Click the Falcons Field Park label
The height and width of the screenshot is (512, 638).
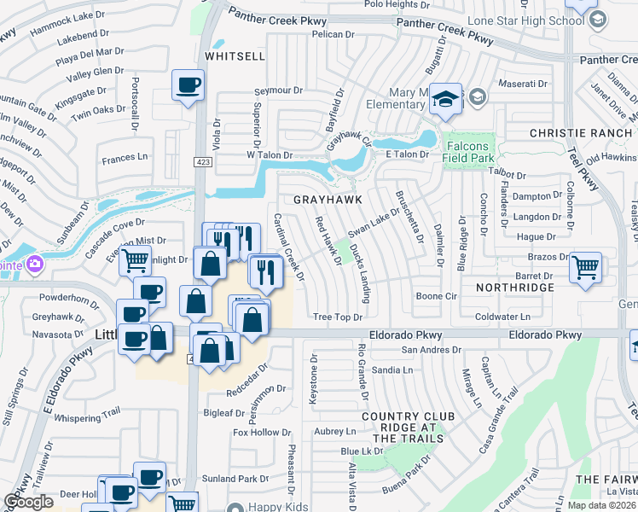468,152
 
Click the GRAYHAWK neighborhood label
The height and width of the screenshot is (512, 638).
328,199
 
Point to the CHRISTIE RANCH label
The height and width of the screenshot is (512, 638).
581,133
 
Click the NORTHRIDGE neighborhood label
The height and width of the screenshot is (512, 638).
515,288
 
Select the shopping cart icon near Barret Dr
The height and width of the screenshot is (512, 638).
586,268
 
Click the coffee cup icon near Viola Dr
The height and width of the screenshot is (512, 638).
188,85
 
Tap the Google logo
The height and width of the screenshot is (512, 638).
28,503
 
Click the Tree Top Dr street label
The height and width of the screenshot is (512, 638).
338,317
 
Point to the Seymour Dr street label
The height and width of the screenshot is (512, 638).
279,90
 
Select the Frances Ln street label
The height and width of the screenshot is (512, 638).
125,159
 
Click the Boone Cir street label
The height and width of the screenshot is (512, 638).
436,296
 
